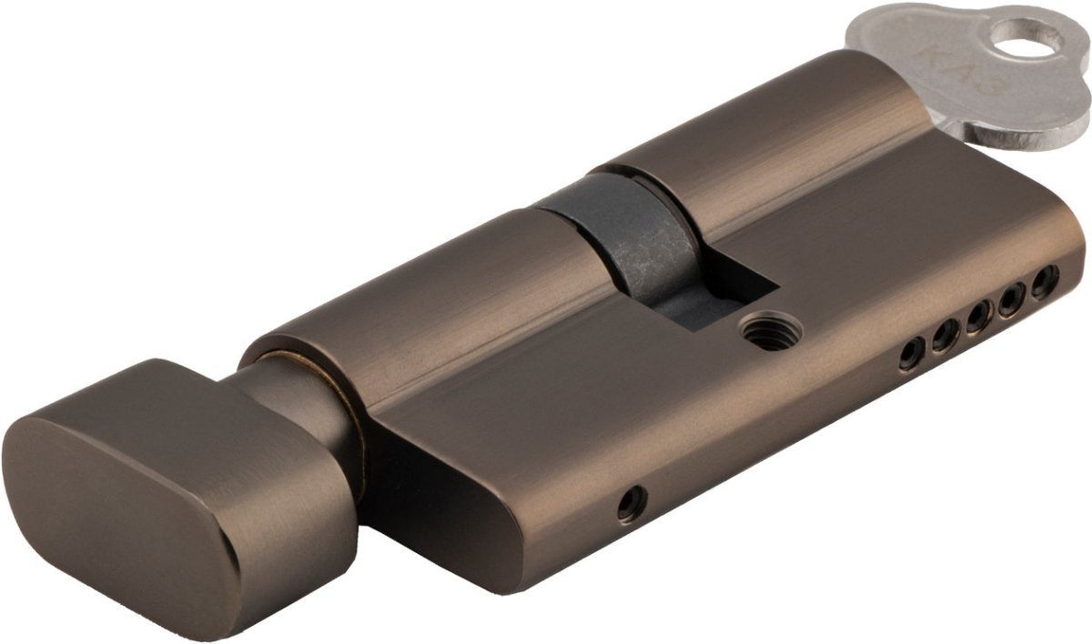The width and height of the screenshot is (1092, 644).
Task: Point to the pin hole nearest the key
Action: (1045, 280)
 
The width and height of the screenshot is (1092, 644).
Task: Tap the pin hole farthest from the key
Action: (911, 356)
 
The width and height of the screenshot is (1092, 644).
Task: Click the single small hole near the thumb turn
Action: (631, 503)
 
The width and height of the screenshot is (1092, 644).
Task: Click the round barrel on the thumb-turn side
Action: (409, 300)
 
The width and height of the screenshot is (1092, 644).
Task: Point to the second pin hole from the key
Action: (1012, 300)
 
